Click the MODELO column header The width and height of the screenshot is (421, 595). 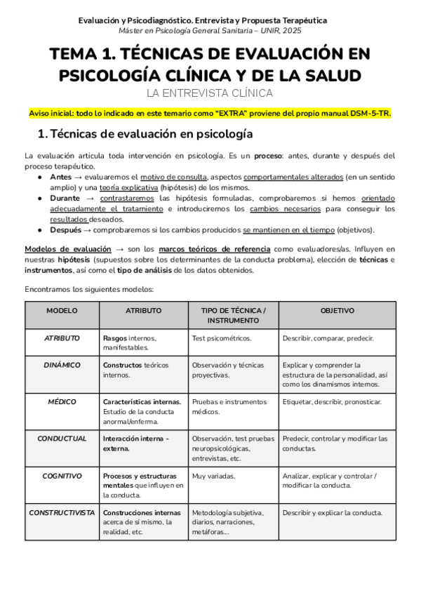62,310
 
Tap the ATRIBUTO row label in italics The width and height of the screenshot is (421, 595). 62,337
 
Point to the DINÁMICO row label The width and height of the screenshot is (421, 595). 62,365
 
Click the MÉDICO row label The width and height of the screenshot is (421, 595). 62,402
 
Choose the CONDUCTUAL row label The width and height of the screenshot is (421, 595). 62,439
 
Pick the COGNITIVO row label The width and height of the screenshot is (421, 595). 62,476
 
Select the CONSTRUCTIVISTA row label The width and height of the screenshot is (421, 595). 62,512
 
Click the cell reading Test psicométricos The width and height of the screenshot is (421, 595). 221,338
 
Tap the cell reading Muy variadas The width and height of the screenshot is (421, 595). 213,476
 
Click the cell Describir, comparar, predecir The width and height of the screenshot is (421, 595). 328,338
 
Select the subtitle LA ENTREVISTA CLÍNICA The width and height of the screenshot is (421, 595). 210,93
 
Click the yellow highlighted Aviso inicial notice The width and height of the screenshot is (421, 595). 210,113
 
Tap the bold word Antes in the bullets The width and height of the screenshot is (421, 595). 62,178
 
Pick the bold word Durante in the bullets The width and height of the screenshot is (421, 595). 65,199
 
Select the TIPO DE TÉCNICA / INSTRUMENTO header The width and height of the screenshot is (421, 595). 233,315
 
